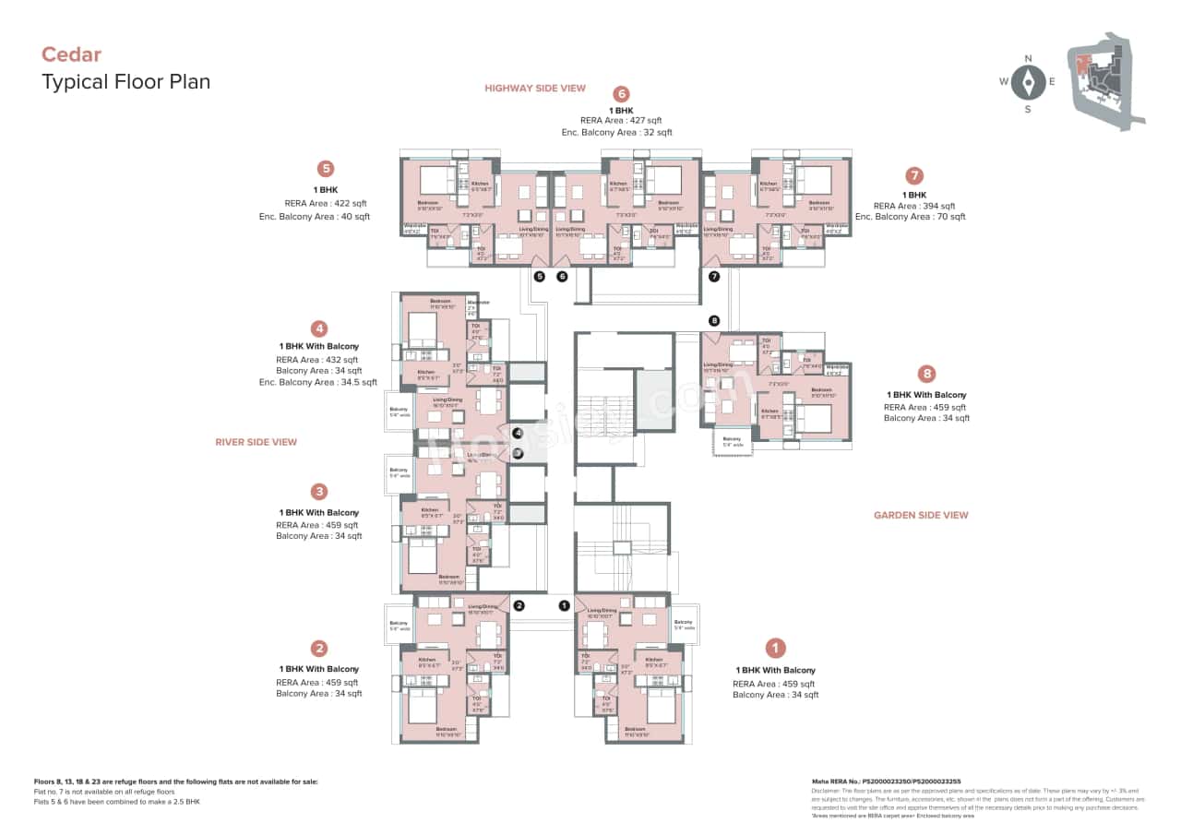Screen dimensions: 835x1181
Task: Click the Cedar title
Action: (x=71, y=54)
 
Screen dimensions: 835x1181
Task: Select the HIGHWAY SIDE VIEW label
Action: (x=535, y=89)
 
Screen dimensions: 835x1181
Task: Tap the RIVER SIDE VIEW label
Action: (x=256, y=442)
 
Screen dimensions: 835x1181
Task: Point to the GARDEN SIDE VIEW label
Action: (x=921, y=515)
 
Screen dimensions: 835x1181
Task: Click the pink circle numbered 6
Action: (x=621, y=94)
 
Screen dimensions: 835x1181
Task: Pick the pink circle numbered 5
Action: (x=325, y=169)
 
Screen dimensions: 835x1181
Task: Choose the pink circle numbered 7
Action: (x=914, y=175)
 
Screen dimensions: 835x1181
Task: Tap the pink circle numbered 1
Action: (x=777, y=649)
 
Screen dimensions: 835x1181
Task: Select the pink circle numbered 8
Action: (x=927, y=374)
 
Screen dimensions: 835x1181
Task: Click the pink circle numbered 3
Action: (x=319, y=492)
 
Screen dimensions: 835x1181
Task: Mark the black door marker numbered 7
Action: (x=713, y=276)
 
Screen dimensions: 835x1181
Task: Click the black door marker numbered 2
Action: (x=519, y=605)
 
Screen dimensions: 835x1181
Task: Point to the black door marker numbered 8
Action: (x=713, y=320)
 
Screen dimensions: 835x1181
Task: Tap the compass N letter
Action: (x=1027, y=59)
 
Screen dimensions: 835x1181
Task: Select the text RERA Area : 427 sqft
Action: (x=621, y=121)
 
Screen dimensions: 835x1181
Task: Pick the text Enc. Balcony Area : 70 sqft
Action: (x=910, y=217)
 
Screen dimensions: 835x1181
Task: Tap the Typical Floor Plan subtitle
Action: (x=126, y=81)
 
